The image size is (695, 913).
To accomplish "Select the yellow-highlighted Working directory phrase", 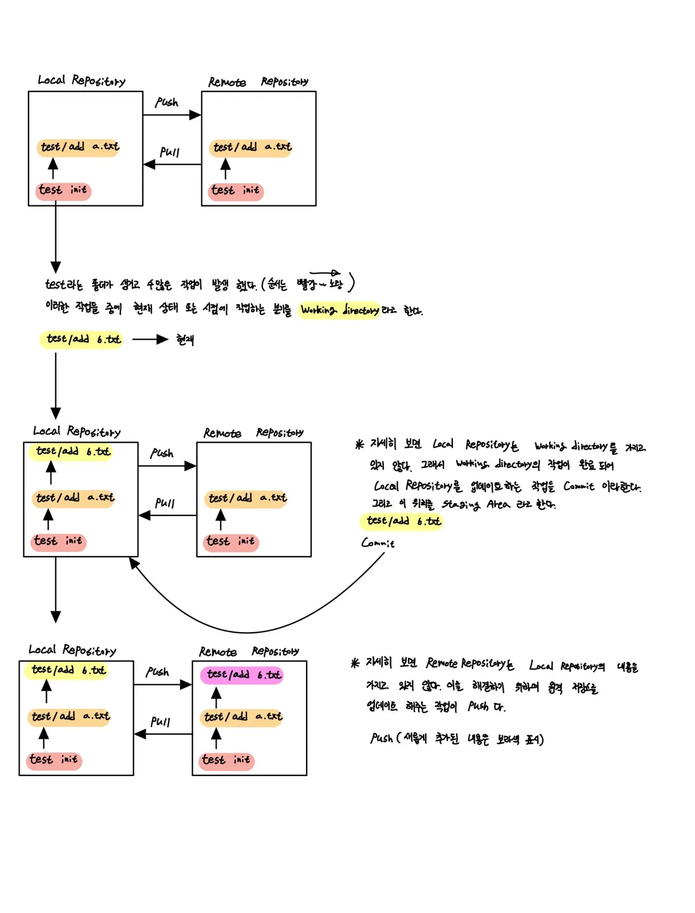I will pos(340,310).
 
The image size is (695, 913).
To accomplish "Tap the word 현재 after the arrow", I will pos(185,340).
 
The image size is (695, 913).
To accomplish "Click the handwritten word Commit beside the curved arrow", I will pos(378,543).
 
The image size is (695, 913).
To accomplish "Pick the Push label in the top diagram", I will pos(167,102).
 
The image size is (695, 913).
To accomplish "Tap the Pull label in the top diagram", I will pos(170,152).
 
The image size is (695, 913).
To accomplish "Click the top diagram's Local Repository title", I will pos(81,81).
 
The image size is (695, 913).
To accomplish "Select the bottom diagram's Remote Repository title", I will pos(248,652).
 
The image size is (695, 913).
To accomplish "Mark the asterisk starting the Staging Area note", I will pos(359,444).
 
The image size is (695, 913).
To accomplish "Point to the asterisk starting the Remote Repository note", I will pos(355,663).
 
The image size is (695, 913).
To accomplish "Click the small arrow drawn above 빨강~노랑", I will pos(326,273).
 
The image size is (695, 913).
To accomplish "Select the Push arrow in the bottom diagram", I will pos(163,685).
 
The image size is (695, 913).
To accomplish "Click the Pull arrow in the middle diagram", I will pos(167,515).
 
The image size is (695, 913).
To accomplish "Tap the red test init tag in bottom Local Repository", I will pos(54,760).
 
